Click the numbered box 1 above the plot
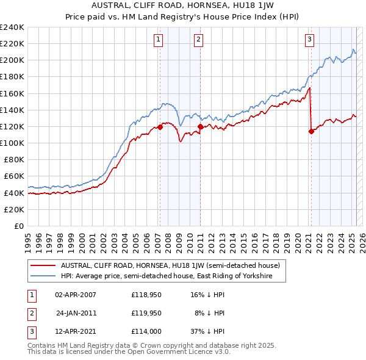point(158,40)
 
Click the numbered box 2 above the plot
point(199,40)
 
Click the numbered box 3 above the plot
point(310,40)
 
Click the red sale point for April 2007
point(160,128)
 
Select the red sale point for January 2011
point(201,126)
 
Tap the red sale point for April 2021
point(311,131)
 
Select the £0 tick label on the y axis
point(20,226)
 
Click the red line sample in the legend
point(44,265)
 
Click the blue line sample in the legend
point(44,276)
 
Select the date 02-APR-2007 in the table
point(76,295)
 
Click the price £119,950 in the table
point(146,313)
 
